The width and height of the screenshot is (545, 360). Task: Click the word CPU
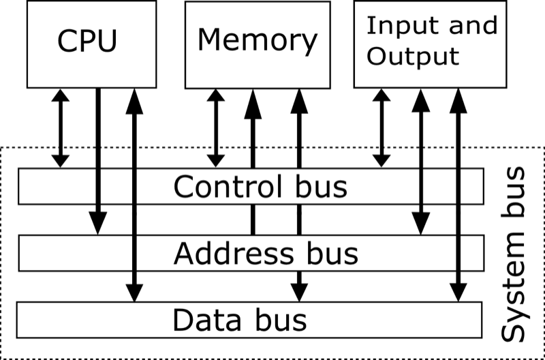coord(87,41)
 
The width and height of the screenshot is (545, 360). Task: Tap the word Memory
coord(257,40)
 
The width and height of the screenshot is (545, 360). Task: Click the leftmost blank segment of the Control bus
coord(57,187)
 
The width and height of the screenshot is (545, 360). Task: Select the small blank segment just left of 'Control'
coord(116,187)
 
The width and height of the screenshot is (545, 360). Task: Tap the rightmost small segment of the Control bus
coord(471,187)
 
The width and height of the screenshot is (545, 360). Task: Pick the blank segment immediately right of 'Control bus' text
coord(439,187)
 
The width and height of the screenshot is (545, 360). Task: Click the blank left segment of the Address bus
coord(76,254)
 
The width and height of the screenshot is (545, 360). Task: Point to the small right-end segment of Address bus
coord(471,254)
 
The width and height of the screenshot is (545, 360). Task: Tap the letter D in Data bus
coord(183,320)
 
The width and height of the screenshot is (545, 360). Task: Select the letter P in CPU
coord(87,41)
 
